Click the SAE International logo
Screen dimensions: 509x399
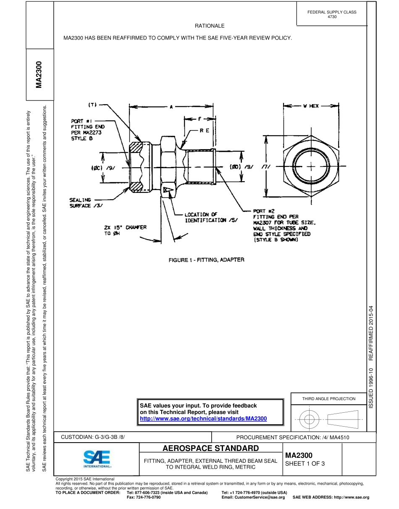click(97, 459)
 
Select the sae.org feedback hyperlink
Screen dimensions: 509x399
click(203, 419)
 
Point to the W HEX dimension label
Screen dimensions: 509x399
click(311, 106)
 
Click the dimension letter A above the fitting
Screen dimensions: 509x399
click(171, 107)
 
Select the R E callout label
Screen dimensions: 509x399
click(204, 131)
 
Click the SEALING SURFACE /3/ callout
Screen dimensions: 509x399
click(86, 203)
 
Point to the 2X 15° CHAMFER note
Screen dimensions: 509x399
click(125, 230)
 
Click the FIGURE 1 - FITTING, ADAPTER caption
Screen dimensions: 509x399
click(206, 260)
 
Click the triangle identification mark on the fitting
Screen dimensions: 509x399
click(168, 190)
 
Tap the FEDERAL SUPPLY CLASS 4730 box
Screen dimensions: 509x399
click(331, 14)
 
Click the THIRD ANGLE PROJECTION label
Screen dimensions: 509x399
click(329, 398)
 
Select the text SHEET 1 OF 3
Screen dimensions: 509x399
click(305, 464)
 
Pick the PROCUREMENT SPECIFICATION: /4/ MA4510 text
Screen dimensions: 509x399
click(293, 437)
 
